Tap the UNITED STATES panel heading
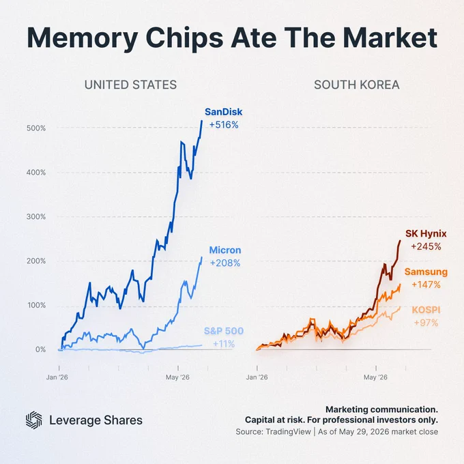(x=130, y=85)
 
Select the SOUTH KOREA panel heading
(x=357, y=85)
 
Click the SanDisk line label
(x=223, y=112)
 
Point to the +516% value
(x=224, y=125)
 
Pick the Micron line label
(x=225, y=250)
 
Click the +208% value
(x=225, y=263)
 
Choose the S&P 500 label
(x=224, y=331)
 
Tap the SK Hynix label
(x=426, y=233)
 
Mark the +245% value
(x=426, y=246)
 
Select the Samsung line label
(x=426, y=272)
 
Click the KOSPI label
(x=426, y=310)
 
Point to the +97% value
(x=426, y=323)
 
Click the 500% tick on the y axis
(x=36, y=128)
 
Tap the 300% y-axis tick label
(x=36, y=216)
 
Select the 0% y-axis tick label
(x=40, y=349)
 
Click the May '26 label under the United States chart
(x=177, y=377)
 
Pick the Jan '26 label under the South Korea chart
(x=257, y=377)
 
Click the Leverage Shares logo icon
(x=33, y=420)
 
